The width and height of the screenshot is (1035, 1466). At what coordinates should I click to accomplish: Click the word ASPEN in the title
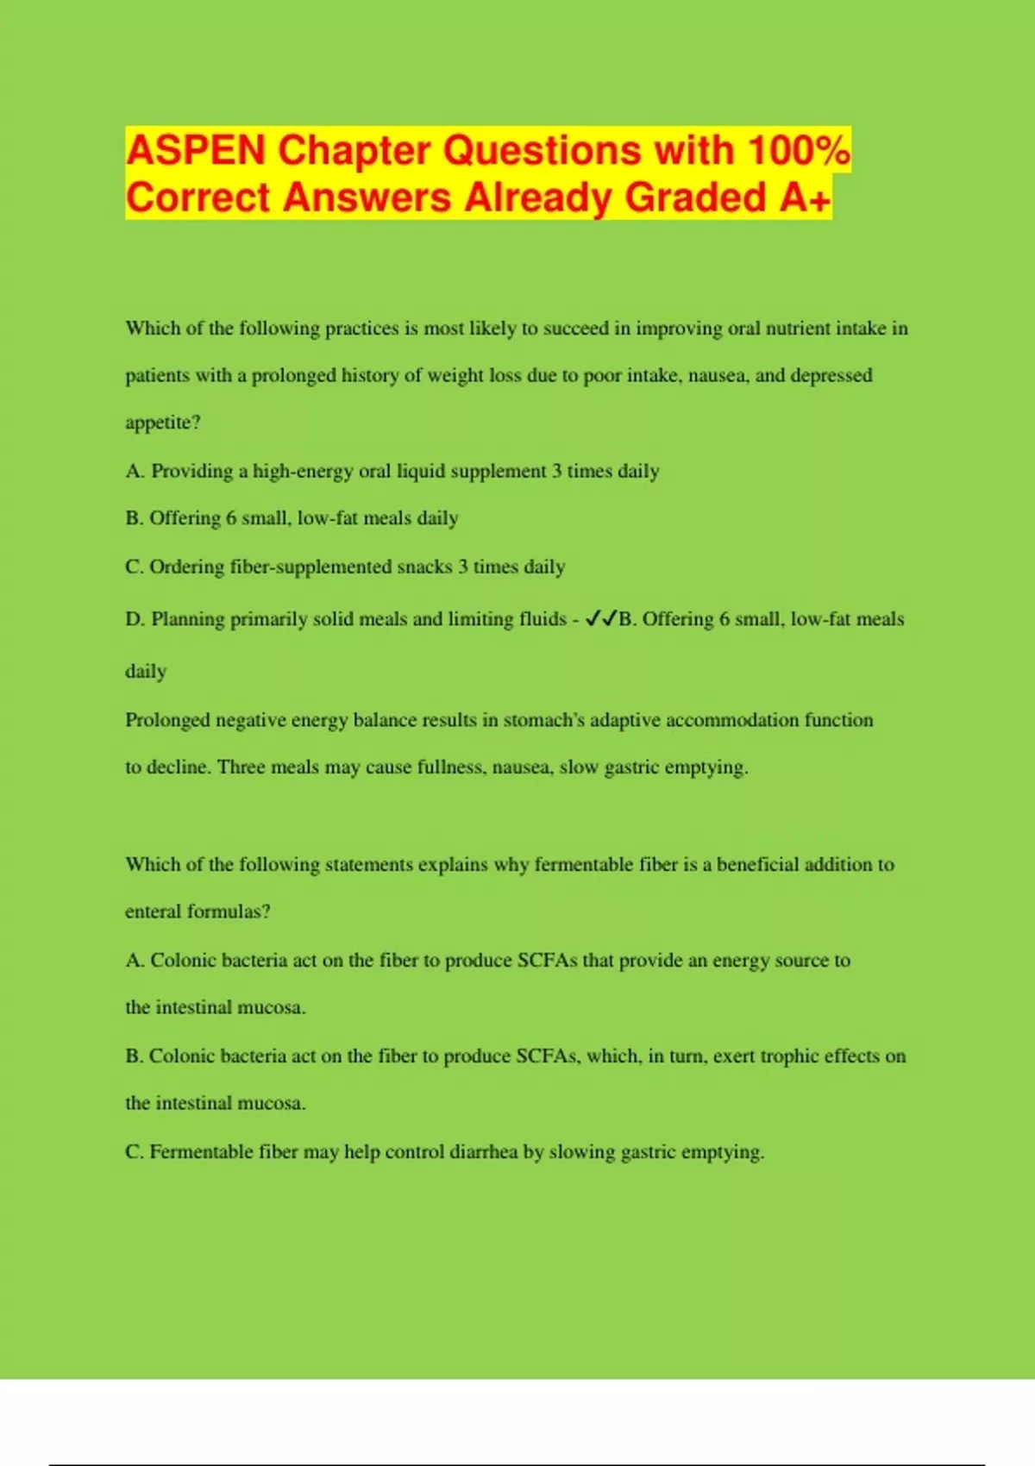point(196,151)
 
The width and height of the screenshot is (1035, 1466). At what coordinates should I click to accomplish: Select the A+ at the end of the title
point(806,197)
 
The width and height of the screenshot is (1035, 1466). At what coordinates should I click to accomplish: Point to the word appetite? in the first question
point(163,423)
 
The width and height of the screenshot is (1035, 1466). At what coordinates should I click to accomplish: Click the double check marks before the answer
point(600,618)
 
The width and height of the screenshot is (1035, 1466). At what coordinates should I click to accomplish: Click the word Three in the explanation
point(241,767)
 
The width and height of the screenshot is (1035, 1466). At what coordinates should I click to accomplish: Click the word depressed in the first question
point(831,375)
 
